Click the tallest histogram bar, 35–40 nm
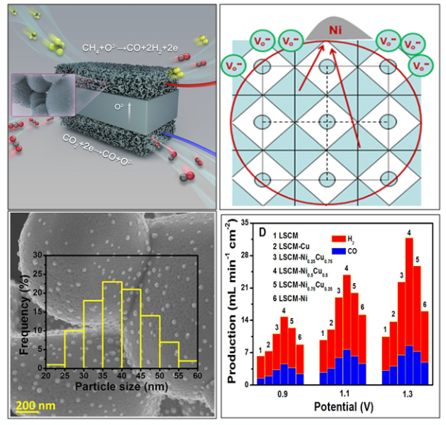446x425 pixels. point(112,326)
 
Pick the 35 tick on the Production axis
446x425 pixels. point(243,221)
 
